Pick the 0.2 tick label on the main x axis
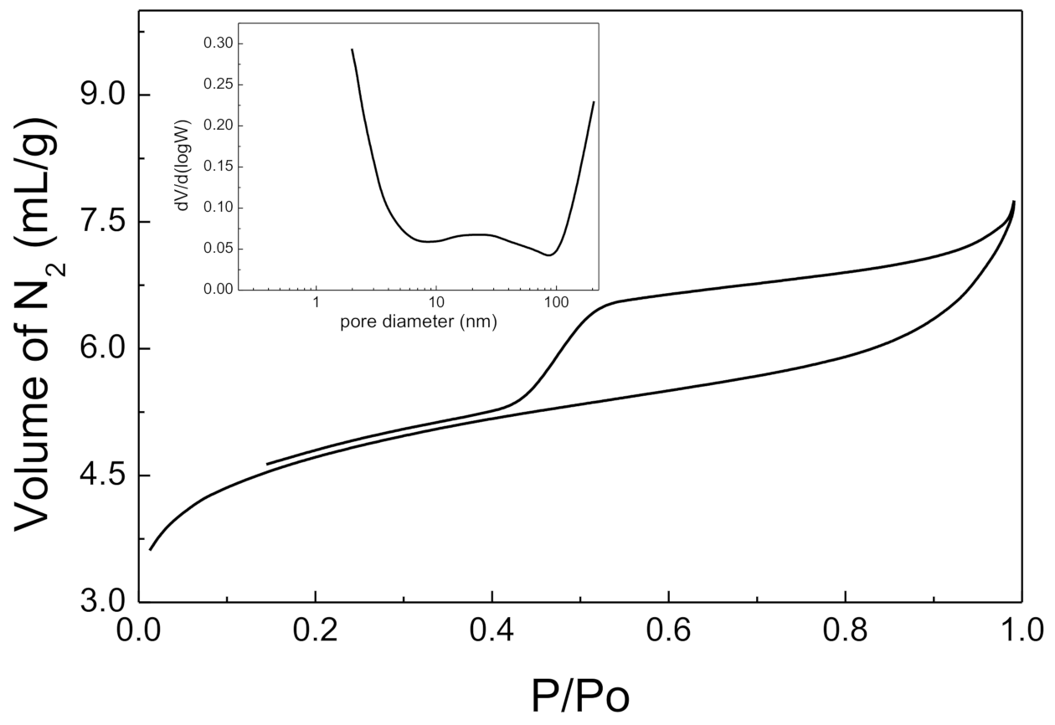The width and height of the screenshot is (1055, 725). (316, 628)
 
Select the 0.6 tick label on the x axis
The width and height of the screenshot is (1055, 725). (668, 628)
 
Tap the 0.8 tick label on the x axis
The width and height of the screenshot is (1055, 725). (845, 628)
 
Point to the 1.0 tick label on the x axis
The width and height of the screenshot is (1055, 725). (1020, 628)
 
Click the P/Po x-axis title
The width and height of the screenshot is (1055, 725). (580, 695)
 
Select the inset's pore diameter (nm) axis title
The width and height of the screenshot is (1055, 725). (419, 321)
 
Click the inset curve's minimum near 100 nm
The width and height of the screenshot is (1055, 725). (548, 255)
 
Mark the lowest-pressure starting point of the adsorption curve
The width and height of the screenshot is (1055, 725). (151, 549)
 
